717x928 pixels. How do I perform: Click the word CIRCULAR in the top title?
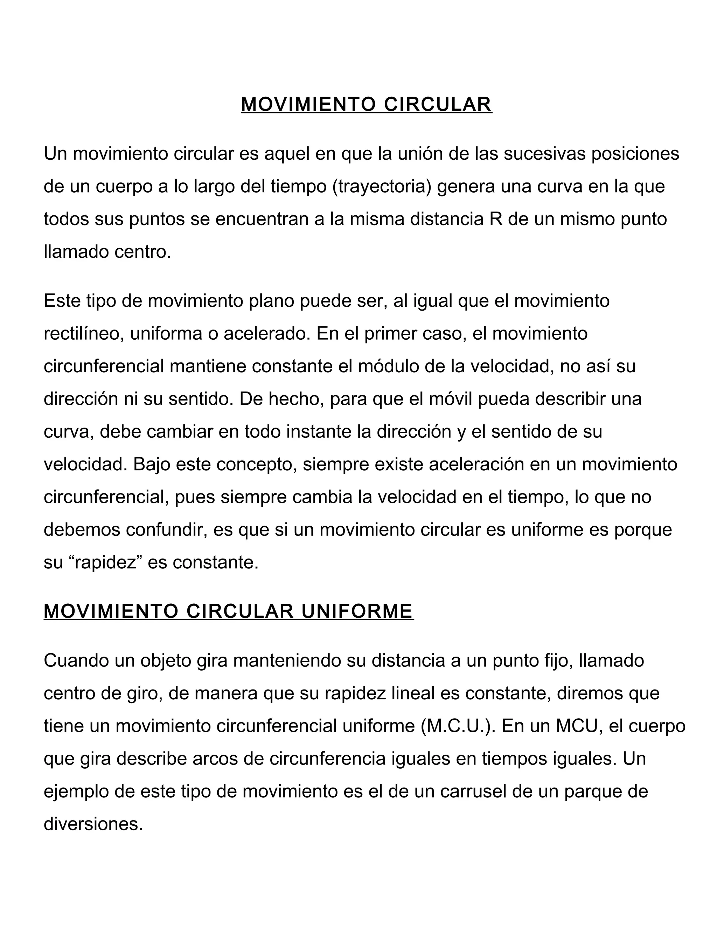pos(438,104)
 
